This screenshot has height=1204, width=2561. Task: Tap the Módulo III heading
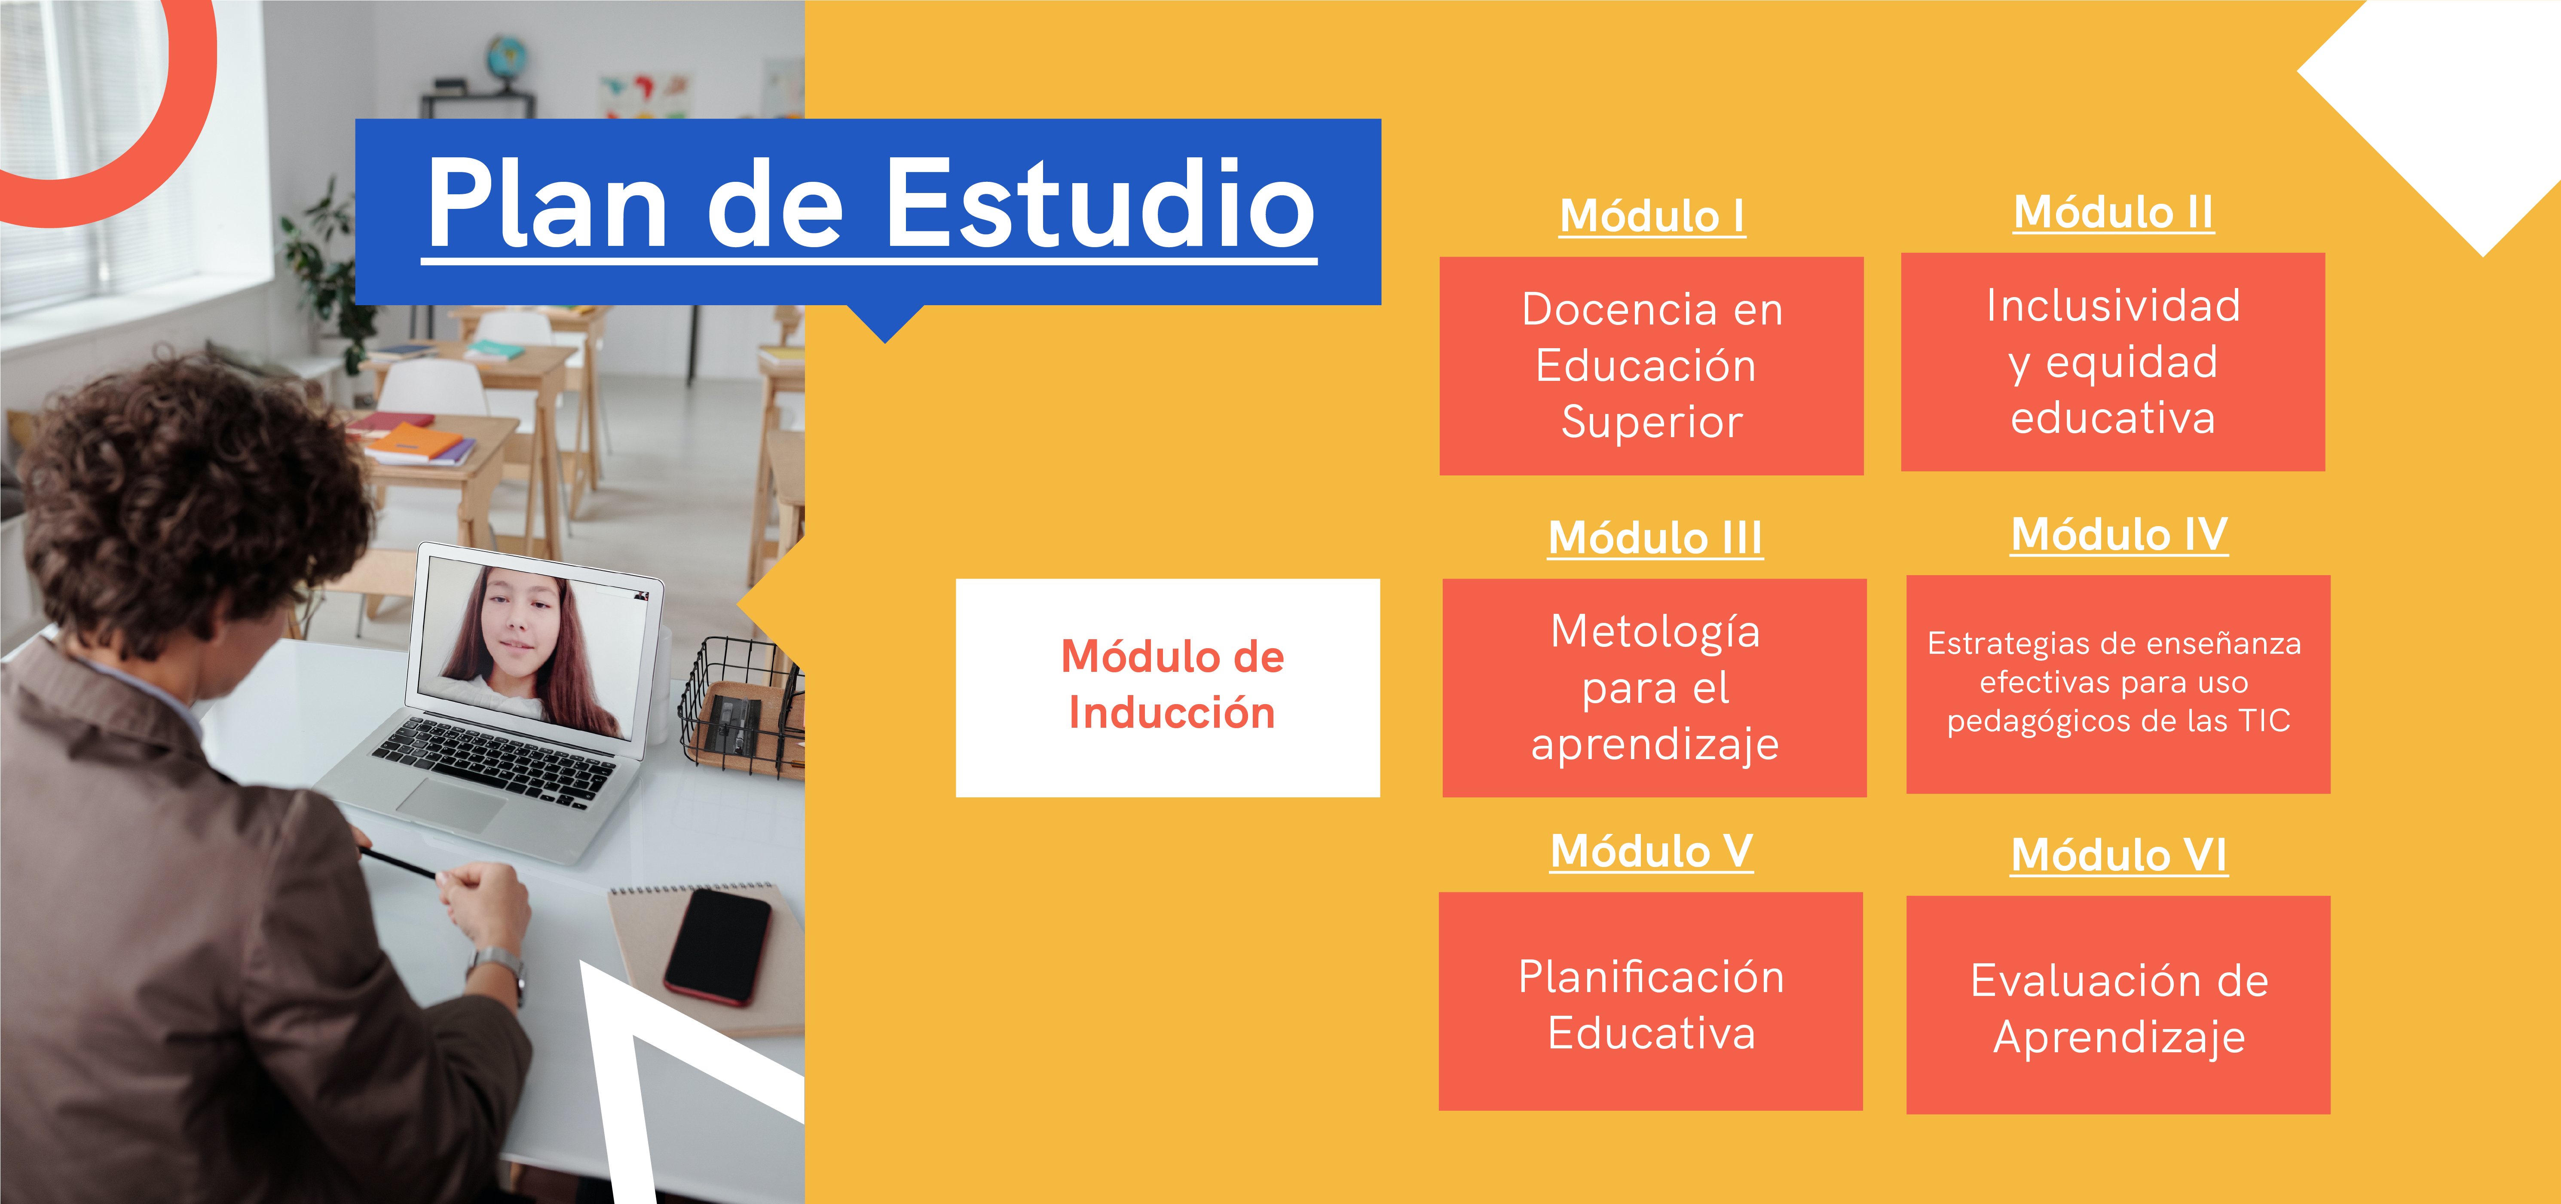pos(1655,538)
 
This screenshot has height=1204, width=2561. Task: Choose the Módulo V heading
pos(1651,851)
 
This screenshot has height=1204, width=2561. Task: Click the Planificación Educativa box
pos(1650,1001)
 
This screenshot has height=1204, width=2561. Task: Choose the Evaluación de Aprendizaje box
pos(2119,1005)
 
